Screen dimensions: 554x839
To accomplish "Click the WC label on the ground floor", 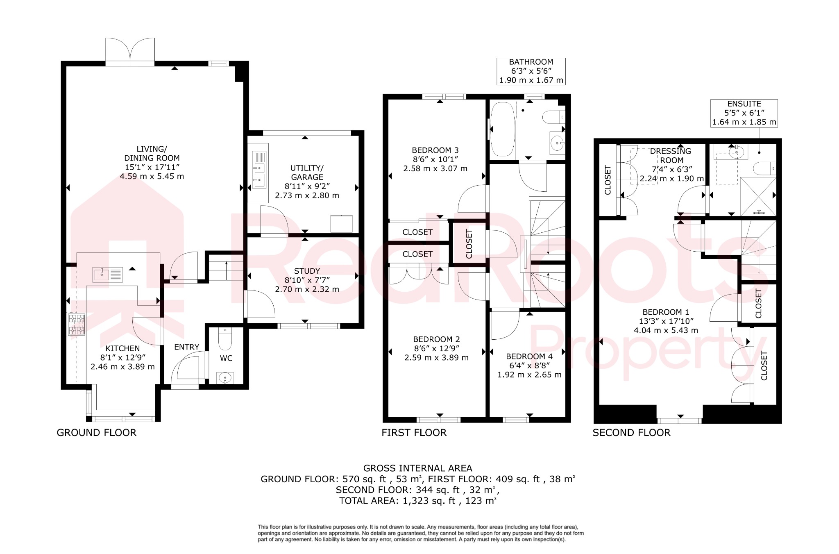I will (226, 358).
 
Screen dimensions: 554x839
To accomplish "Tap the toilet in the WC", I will (225, 338).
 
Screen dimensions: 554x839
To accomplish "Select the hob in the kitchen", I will (77, 325).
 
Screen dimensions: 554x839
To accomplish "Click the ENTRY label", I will (186, 347).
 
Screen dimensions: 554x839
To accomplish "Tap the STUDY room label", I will (307, 271).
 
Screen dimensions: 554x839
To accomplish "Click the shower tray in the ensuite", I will (758, 196).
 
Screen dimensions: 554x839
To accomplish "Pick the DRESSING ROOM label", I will (671, 156).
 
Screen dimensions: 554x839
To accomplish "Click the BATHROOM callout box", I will (531, 71).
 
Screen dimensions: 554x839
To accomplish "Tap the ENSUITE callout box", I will (744, 113).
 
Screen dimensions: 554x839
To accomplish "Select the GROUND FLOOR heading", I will (97, 433).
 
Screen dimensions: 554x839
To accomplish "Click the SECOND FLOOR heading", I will (631, 433).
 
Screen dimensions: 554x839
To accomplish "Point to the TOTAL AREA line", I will (417, 500).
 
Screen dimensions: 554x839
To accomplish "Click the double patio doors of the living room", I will (130, 52).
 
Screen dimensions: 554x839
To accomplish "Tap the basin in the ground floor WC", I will (225, 377).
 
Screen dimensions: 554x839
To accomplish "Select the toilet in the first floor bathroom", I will (553, 117).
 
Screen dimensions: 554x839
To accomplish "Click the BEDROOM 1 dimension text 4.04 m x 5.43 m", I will (666, 330).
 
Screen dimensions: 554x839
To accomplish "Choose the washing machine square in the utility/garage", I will (341, 224).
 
